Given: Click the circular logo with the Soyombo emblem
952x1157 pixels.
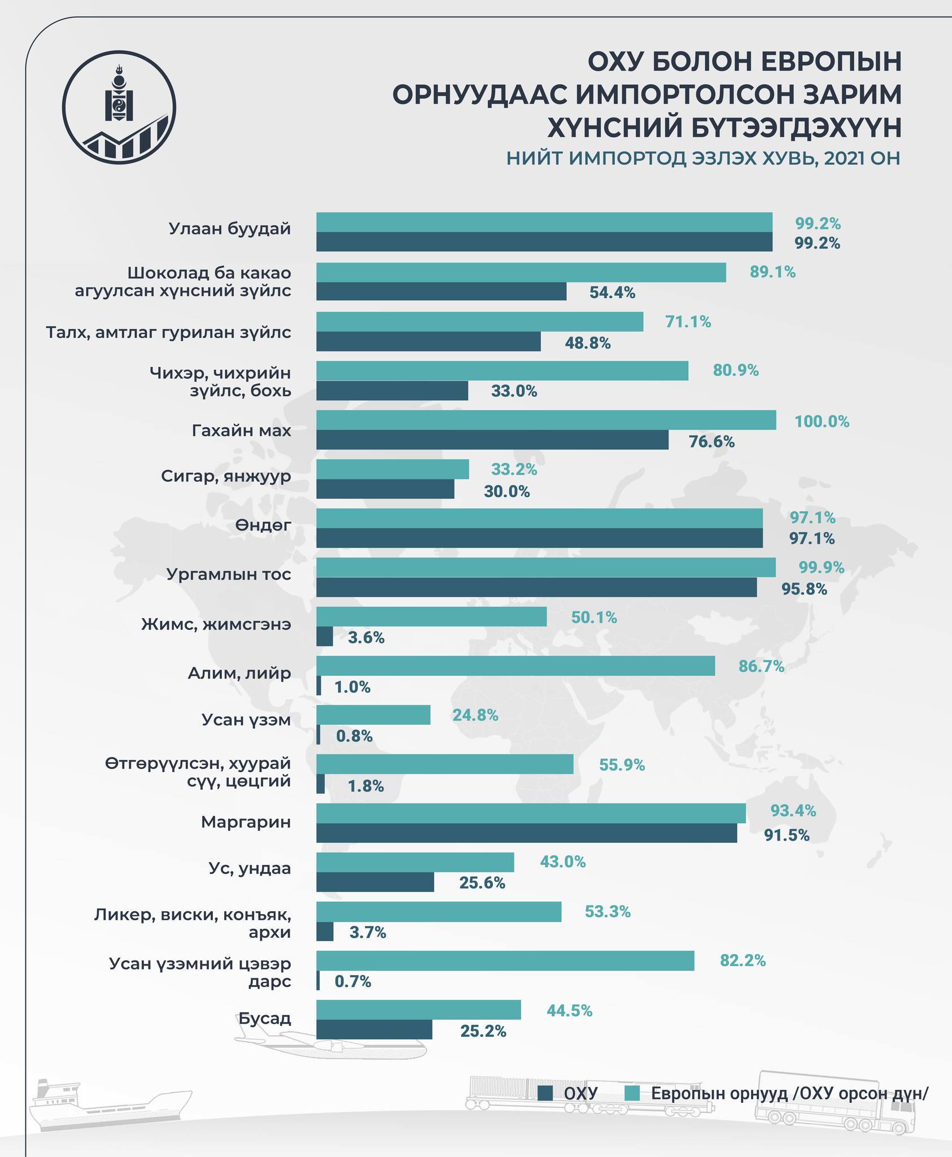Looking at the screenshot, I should pyautogui.click(x=119, y=107).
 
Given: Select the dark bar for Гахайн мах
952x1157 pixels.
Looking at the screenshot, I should pyautogui.click(x=492, y=440).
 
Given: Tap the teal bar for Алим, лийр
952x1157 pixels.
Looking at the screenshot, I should pyautogui.click(x=515, y=666).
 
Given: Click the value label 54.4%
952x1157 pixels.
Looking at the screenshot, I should pyautogui.click(x=612, y=293).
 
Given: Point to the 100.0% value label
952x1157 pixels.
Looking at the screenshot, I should pyautogui.click(x=822, y=421).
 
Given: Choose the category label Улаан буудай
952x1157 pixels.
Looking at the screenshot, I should pyautogui.click(x=230, y=229).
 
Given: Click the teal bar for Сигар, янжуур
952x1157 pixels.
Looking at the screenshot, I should pyautogui.click(x=392, y=469).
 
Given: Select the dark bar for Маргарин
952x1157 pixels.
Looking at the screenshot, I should pyautogui.click(x=526, y=833).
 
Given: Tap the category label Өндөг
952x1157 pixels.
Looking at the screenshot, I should pyautogui.click(x=263, y=525).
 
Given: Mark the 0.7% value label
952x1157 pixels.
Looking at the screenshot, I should pyautogui.click(x=353, y=981).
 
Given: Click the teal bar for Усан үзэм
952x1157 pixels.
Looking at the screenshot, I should pyautogui.click(x=373, y=715).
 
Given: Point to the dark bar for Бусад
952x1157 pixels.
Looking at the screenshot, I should pyautogui.click(x=374, y=1029).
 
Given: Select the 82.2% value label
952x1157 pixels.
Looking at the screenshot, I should pyautogui.click(x=743, y=960).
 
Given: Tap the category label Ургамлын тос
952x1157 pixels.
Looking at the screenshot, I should pyautogui.click(x=229, y=575).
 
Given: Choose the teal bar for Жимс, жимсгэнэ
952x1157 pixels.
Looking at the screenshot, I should pyautogui.click(x=431, y=616).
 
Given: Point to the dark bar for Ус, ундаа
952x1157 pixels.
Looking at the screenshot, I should pyautogui.click(x=375, y=882).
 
